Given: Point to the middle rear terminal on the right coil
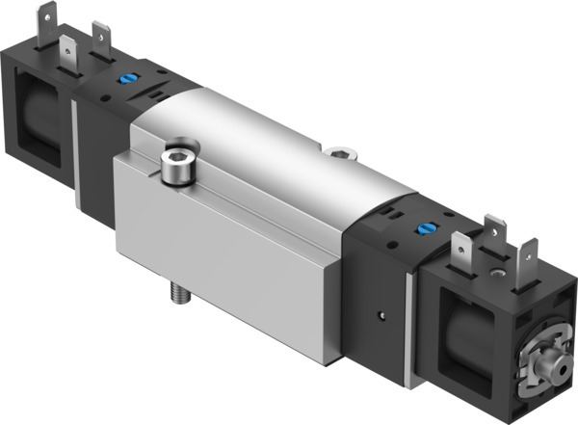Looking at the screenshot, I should coord(497,231).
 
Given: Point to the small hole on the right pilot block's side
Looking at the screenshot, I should coord(384,313).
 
